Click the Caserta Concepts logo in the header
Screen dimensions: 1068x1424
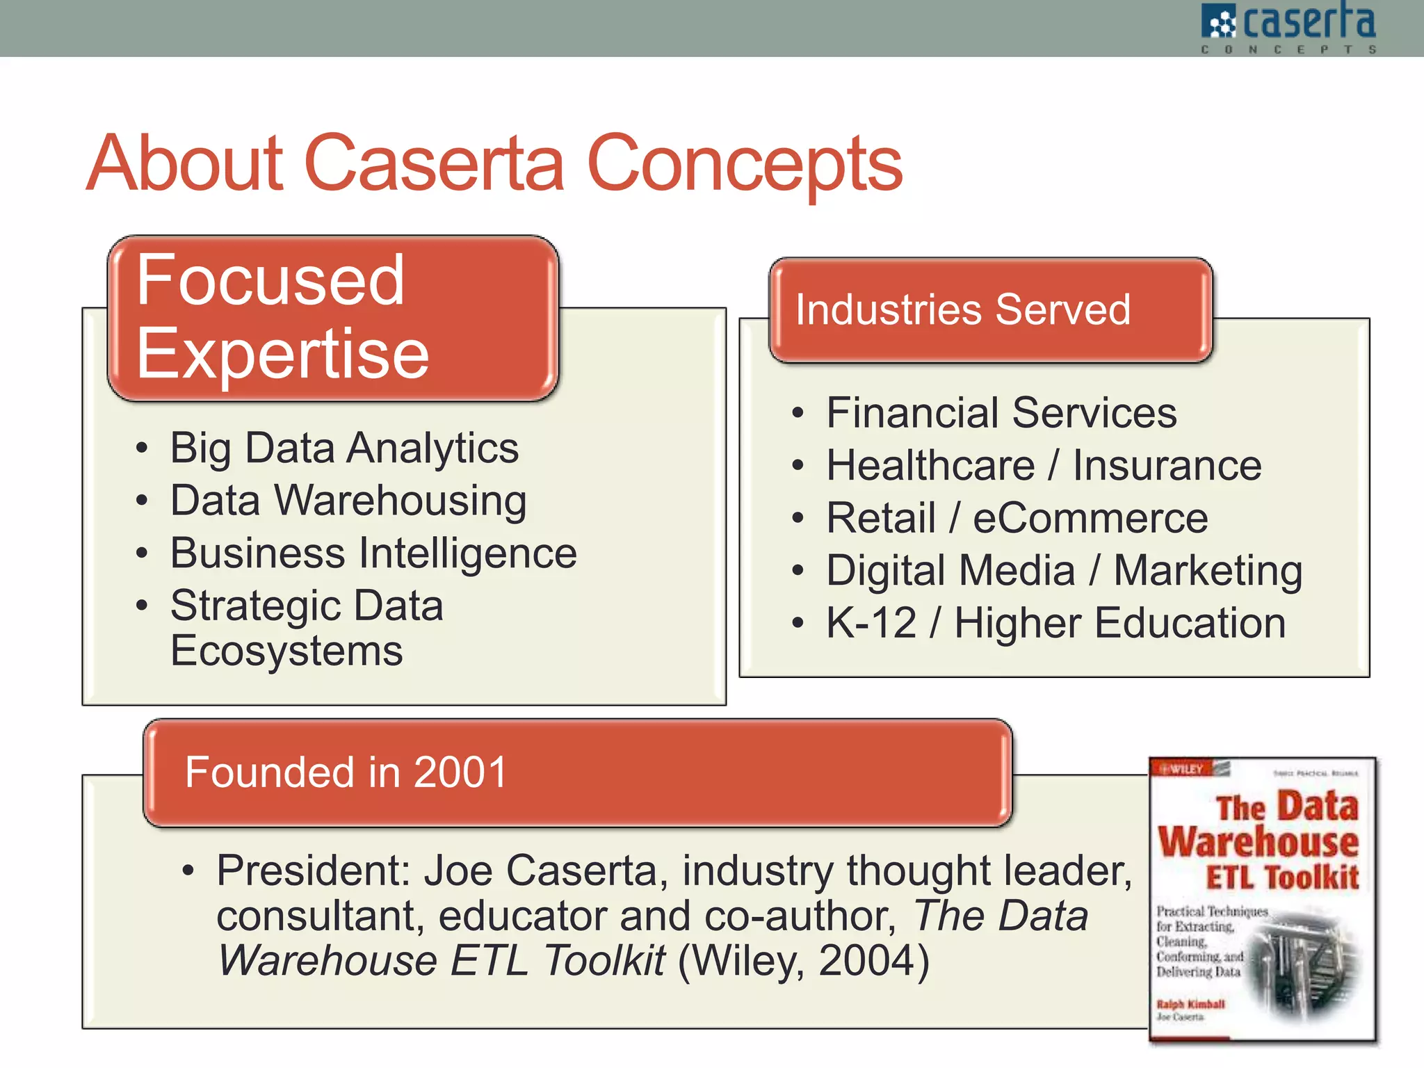point(1288,28)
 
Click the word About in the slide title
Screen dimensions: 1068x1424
point(186,164)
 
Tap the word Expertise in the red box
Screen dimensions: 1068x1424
point(282,355)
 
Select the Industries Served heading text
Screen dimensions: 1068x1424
point(963,309)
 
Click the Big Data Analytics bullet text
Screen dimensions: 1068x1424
point(344,448)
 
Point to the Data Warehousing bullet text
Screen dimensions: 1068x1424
point(348,501)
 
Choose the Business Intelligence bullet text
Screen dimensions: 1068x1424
point(373,553)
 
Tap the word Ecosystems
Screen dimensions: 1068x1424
point(286,652)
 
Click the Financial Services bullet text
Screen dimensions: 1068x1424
point(1001,413)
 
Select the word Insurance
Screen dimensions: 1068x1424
point(1166,465)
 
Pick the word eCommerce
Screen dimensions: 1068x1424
point(1090,518)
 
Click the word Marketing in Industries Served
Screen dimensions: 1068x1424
point(1208,571)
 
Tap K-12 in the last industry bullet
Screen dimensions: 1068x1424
point(871,623)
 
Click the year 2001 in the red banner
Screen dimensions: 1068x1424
point(460,772)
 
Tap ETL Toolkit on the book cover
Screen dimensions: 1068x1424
point(1281,877)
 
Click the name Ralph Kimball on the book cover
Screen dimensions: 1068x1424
point(1190,1004)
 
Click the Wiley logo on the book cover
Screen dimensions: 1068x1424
point(1183,769)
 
